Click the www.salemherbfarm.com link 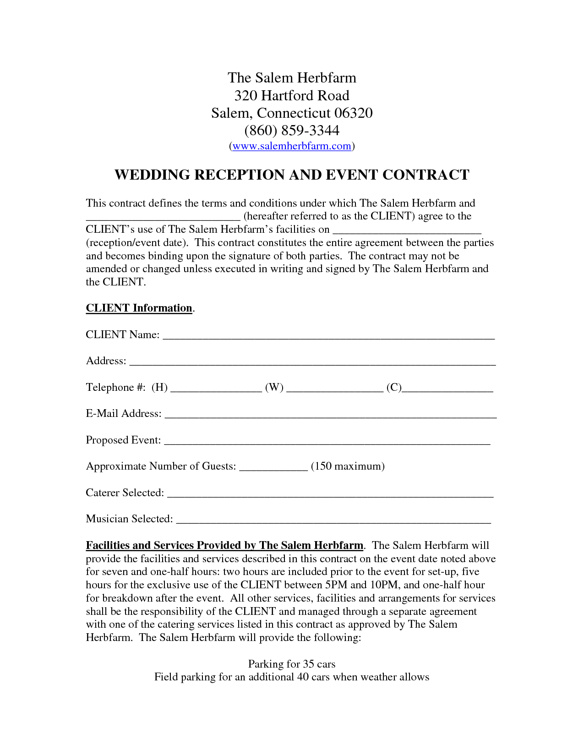[292, 146]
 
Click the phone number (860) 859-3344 [292, 131]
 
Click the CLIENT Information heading [139, 308]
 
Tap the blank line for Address [312, 362]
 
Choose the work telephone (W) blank [334, 389]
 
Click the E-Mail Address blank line [330, 415]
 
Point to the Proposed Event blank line [327, 442]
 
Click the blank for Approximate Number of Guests [273, 468]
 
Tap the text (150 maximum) [348, 466]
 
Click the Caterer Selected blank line [330, 494]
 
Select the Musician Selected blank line [333, 520]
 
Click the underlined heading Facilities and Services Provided [224, 545]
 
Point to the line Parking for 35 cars [292, 664]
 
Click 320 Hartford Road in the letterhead [292, 96]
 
